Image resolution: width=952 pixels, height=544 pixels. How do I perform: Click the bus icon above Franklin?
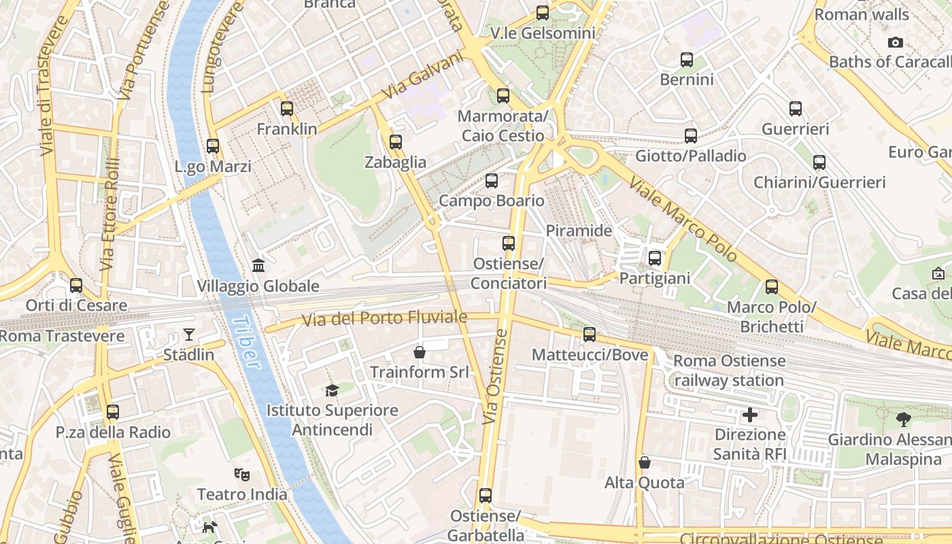pyautogui.click(x=287, y=108)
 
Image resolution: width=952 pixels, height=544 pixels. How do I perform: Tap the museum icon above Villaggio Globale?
pyautogui.click(x=258, y=265)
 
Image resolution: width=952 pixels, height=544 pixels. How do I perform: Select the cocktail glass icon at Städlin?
pyautogui.click(x=188, y=334)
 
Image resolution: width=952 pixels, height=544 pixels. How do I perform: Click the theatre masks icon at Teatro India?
pyautogui.click(x=241, y=474)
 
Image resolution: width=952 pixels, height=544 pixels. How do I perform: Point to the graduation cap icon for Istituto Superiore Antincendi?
pyautogui.click(x=332, y=390)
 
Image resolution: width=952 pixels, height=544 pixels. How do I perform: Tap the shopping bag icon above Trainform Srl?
pyautogui.click(x=420, y=352)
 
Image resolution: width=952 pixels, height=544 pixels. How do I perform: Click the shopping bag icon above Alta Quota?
pyautogui.click(x=645, y=462)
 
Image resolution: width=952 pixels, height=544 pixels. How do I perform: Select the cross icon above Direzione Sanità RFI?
pyautogui.click(x=750, y=414)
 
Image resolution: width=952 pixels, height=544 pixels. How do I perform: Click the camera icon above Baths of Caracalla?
pyautogui.click(x=896, y=42)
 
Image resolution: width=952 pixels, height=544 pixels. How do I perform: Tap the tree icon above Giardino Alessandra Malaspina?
pyautogui.click(x=904, y=419)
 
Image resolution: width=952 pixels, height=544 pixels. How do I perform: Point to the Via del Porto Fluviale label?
pyautogui.click(x=385, y=318)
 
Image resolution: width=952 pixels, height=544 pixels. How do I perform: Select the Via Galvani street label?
pyautogui.click(x=422, y=75)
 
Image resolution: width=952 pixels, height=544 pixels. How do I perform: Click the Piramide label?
pyautogui.click(x=579, y=231)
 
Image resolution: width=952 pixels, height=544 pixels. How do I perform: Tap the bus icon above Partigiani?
pyautogui.click(x=655, y=258)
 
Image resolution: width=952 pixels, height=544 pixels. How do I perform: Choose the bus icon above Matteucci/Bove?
pyautogui.click(x=590, y=335)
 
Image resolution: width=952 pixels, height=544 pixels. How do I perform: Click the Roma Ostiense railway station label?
pyautogui.click(x=729, y=371)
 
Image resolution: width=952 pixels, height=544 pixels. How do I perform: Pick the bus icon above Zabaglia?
pyautogui.click(x=396, y=142)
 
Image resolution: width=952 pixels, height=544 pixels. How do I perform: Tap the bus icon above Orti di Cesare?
pyautogui.click(x=76, y=286)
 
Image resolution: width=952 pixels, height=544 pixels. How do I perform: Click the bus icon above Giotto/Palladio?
pyautogui.click(x=691, y=136)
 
